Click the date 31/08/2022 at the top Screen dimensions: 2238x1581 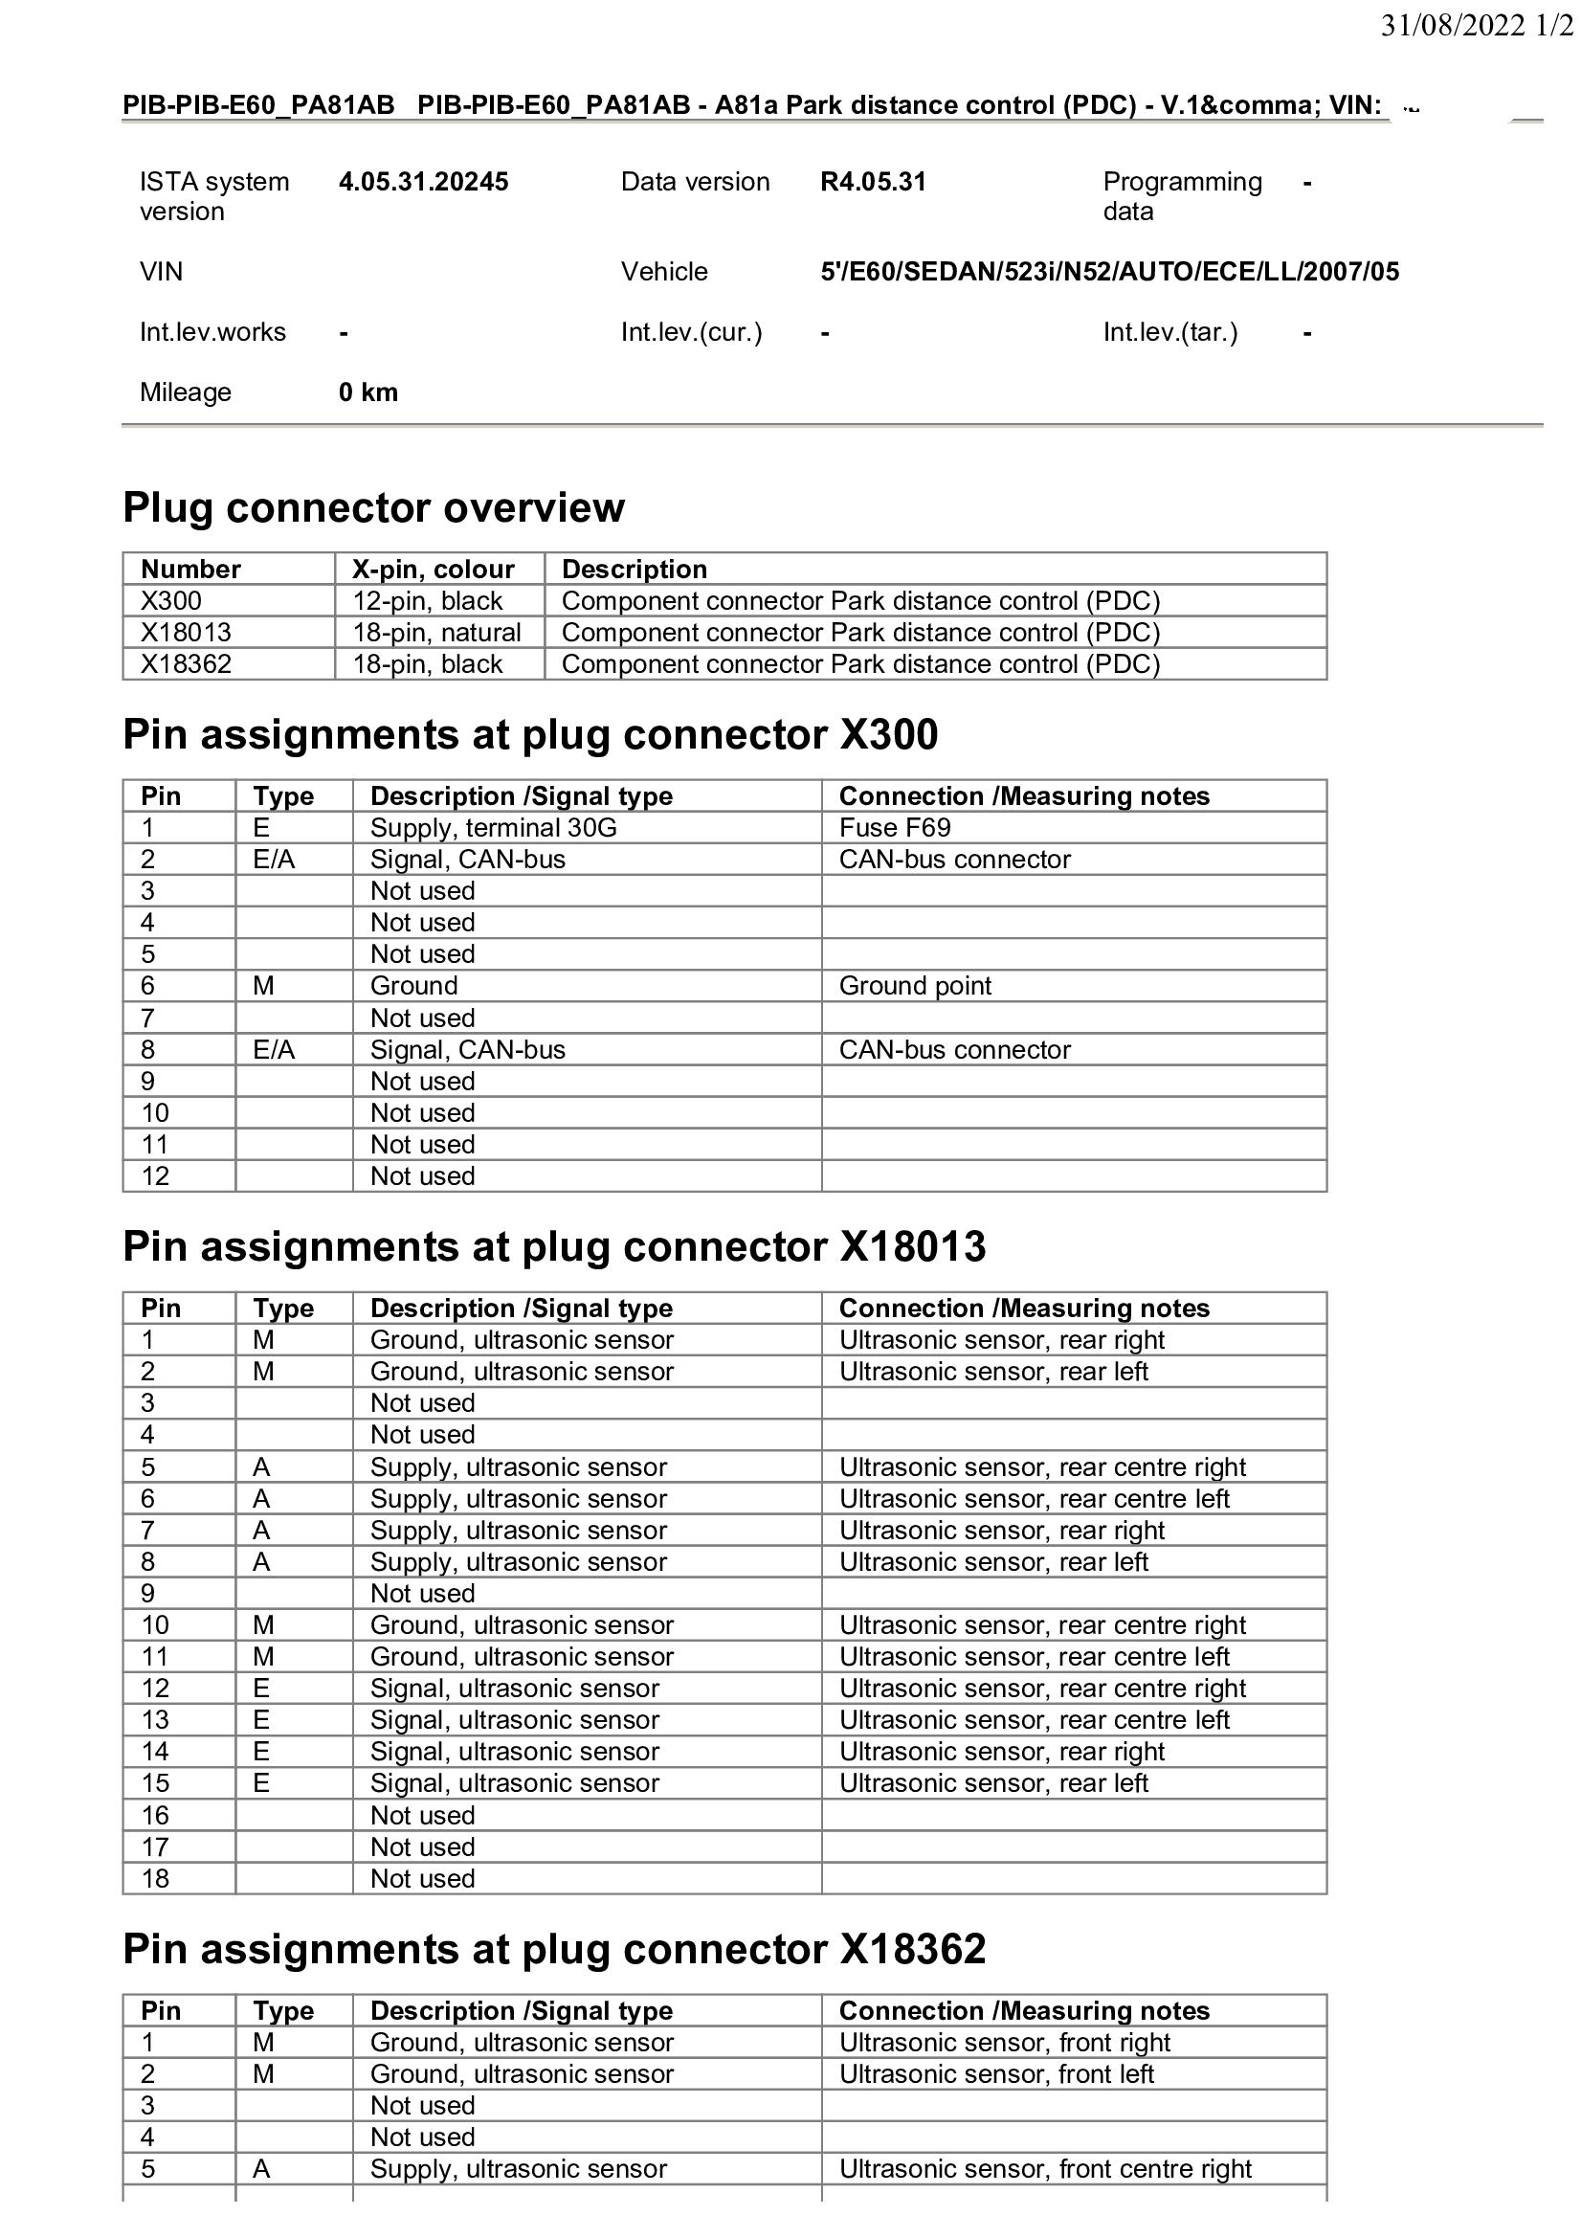pos(1453,25)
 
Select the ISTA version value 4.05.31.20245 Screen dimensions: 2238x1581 pos(423,182)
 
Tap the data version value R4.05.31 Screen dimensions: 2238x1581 pos(873,182)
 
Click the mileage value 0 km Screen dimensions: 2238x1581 pos(368,392)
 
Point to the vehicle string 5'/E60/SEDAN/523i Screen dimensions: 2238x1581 pos(1109,272)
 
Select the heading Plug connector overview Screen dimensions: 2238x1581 pos(373,508)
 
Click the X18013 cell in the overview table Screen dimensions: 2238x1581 pos(187,633)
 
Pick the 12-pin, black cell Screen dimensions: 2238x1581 pos(427,601)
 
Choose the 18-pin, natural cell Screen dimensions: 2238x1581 pos(436,633)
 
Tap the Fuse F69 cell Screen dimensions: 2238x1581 pos(895,828)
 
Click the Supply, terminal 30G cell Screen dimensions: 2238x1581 pos(493,828)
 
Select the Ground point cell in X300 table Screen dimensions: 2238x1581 pos(915,985)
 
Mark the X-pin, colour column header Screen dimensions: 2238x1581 pos(433,570)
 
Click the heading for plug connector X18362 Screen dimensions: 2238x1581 pos(555,1950)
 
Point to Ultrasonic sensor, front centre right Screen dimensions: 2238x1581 pos(1045,2169)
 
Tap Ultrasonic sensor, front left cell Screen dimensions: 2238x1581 pos(996,2073)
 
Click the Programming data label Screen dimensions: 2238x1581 pos(1181,197)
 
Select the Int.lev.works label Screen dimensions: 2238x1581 pos(212,332)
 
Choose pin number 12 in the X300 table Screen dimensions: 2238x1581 pos(155,1176)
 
